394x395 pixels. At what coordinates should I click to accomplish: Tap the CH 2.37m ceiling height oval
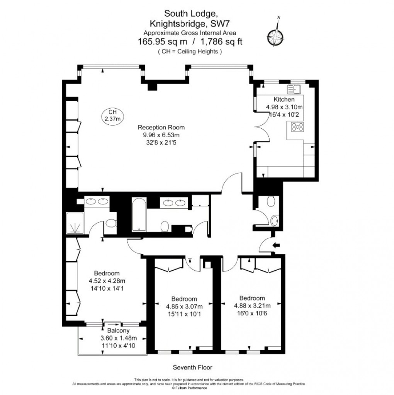point(112,115)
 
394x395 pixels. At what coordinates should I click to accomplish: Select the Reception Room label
point(162,127)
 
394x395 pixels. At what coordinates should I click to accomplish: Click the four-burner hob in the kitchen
point(297,127)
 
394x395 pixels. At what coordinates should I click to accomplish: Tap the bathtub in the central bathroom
point(138,215)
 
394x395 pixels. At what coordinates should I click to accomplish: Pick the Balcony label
point(118,331)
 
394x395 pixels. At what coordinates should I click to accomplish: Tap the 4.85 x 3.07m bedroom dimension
point(184,306)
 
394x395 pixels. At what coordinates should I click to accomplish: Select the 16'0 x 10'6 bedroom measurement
point(252,313)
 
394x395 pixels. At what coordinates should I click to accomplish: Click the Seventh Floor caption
point(192,367)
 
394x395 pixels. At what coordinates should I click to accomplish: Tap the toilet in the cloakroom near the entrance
point(271,201)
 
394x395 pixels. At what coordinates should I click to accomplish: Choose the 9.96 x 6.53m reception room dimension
point(161,135)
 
